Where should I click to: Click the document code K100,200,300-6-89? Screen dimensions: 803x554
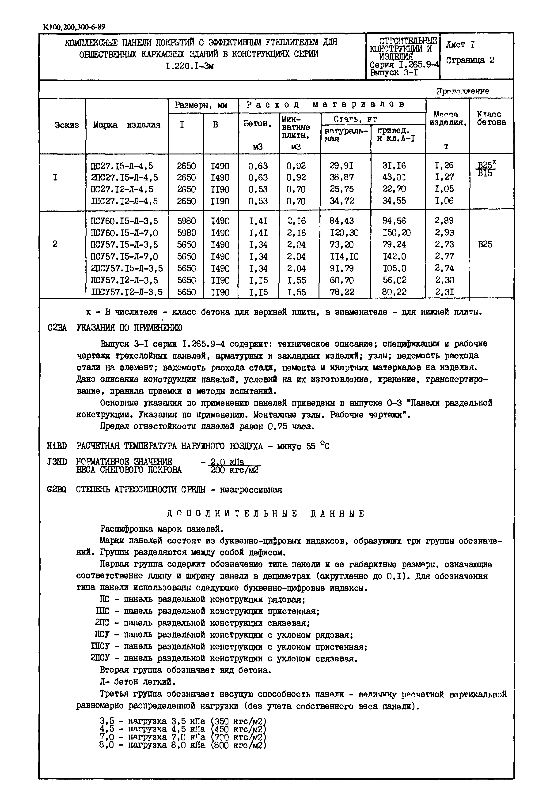[74, 27]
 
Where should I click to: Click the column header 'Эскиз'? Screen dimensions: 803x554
[67, 125]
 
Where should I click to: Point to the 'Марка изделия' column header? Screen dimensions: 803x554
[127, 125]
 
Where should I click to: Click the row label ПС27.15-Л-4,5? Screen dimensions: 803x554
[121, 166]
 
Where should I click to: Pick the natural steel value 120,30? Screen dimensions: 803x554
[344, 233]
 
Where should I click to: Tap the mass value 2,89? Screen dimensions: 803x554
[444, 221]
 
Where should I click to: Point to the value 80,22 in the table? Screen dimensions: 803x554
[394, 292]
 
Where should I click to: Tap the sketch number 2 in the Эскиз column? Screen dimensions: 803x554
[55, 244]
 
